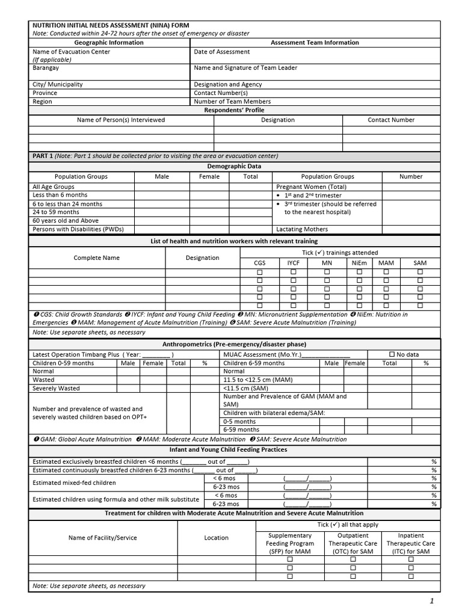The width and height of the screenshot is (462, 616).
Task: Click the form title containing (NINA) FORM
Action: coord(110,25)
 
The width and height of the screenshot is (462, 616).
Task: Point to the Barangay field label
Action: coord(46,68)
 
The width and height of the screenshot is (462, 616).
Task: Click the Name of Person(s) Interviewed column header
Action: coord(120,120)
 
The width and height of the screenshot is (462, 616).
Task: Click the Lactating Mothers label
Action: coord(302,229)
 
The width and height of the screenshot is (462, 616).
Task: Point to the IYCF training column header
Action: coord(293,263)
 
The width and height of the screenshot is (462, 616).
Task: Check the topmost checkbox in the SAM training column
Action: coord(420,272)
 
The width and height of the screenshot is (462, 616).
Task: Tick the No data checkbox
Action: coord(392,354)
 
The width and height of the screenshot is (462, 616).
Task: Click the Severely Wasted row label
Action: coord(56,389)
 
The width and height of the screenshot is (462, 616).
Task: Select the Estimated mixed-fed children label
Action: coord(74,482)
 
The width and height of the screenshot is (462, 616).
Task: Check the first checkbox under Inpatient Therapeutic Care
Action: coord(411,559)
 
